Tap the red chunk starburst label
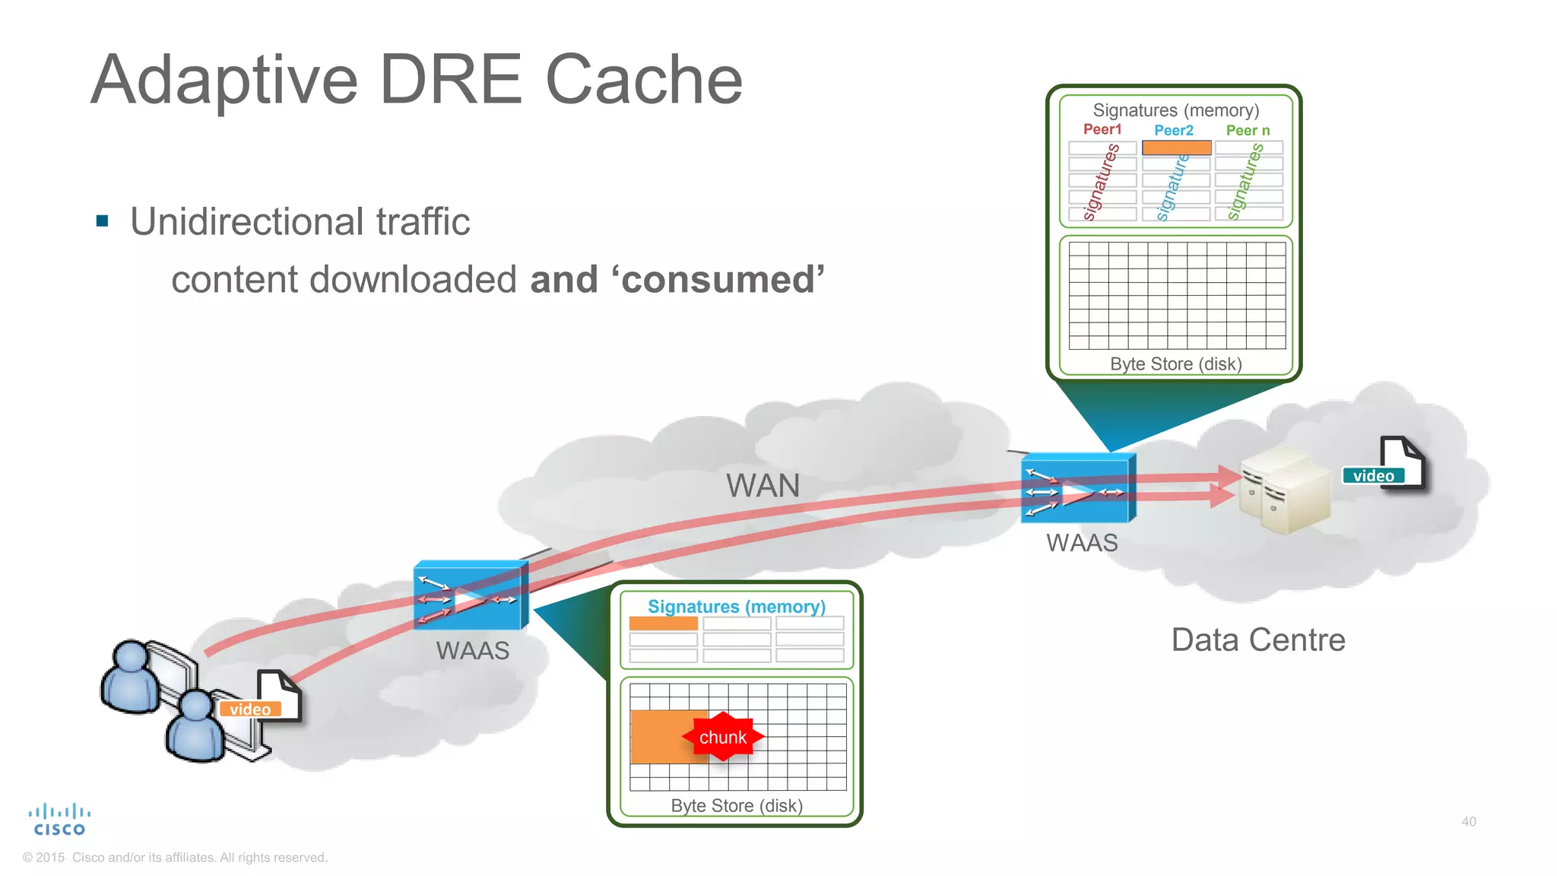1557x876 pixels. tap(722, 737)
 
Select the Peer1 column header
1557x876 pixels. tap(1102, 129)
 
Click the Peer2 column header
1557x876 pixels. tap(1173, 130)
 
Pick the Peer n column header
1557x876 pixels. tap(1247, 130)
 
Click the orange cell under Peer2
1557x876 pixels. tap(1176, 148)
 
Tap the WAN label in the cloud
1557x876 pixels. tap(763, 485)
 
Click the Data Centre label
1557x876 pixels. tap(1257, 640)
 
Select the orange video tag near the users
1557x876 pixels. tap(250, 709)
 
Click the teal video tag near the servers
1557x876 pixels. tap(1373, 475)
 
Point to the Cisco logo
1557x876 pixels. tap(59, 820)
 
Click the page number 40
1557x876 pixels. tap(1468, 821)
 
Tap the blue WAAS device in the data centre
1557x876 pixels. tap(1077, 488)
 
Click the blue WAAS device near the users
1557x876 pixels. tap(469, 595)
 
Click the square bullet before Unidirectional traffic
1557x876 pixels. tap(103, 221)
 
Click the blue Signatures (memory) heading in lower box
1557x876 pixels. tap(736, 606)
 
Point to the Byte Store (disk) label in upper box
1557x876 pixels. tap(1175, 363)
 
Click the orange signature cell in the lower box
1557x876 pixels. tap(663, 623)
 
